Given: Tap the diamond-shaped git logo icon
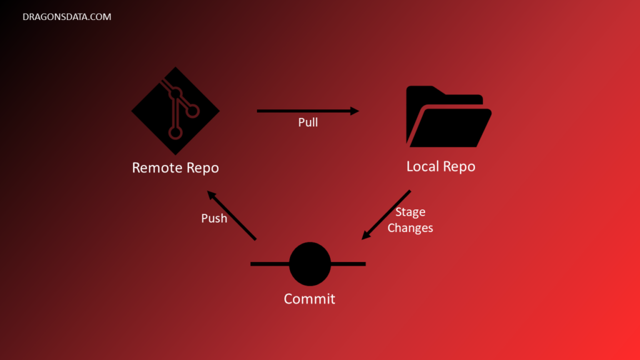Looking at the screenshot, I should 176,111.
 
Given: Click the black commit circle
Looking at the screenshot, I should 310,264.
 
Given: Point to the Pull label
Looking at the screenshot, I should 307,122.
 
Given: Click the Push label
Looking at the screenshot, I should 214,219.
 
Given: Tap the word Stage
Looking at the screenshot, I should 410,212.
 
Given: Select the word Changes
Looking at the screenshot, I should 410,227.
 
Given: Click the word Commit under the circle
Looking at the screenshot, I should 309,299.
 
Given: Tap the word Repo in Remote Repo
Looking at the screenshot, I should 202,168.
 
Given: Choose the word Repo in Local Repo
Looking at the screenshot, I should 460,167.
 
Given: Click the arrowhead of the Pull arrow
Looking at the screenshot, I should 354,111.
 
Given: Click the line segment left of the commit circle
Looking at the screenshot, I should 269,264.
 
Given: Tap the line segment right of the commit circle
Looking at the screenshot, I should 348,264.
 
